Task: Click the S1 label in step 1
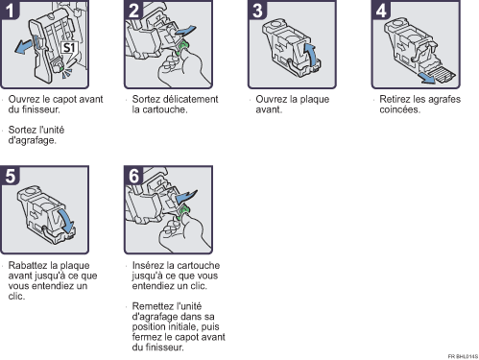pyautogui.click(x=69, y=45)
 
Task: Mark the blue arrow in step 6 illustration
pyautogui.click(x=187, y=199)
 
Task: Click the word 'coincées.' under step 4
pyautogui.click(x=398, y=108)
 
